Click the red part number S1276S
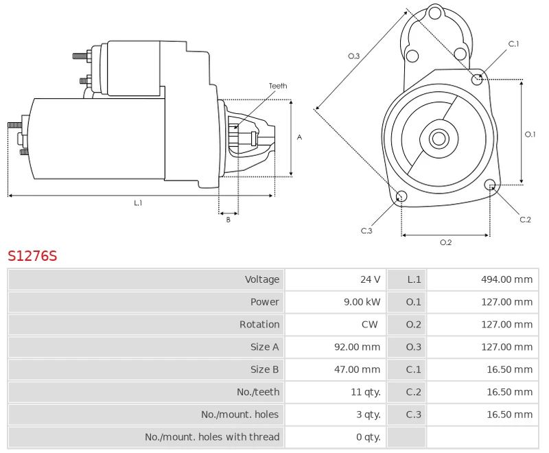pos(32,257)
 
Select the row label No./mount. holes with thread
pos(212,437)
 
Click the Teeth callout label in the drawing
pos(278,86)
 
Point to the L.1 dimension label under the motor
pos(138,203)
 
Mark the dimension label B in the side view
pos(229,220)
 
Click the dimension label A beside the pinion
pos(299,137)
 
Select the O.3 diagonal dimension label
pos(354,56)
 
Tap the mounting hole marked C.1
pos(478,80)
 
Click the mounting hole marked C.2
pos(490,185)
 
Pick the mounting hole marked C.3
pos(402,198)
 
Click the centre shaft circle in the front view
pos(439,139)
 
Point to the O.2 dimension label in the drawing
pos(445,242)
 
